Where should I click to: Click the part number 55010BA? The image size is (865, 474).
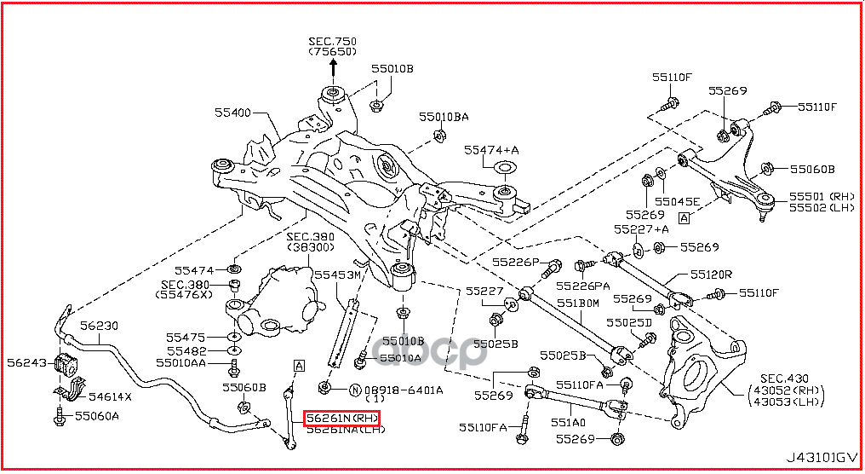coord(444,116)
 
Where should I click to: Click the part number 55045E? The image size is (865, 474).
coord(678,201)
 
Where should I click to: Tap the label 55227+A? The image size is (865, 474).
coord(642,228)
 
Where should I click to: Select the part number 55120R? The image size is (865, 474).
coord(711,275)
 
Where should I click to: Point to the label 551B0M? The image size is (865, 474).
coord(578,303)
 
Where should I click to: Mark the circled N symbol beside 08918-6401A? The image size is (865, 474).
coord(355,391)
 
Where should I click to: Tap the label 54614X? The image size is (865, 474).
coord(111,396)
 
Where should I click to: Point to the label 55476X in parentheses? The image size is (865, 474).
coord(182,295)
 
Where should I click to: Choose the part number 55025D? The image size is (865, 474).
coord(628,322)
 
